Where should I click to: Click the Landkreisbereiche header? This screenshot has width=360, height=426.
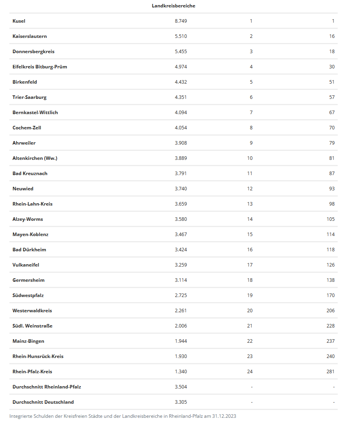(173, 6)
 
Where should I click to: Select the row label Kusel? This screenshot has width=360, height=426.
(19, 21)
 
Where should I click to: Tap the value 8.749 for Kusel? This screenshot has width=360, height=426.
(181, 21)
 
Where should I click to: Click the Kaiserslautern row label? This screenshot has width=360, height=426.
(30, 36)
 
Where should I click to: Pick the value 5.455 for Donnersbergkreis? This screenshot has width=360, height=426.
(181, 52)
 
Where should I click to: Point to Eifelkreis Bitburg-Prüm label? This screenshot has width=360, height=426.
(39, 67)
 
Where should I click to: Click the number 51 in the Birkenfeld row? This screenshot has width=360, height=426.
(331, 82)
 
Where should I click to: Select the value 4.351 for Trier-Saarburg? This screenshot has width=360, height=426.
(181, 97)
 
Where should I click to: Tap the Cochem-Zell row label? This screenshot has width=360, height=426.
(27, 128)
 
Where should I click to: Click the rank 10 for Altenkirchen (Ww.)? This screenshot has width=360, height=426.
(250, 158)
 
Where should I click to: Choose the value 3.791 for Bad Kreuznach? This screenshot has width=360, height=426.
(181, 174)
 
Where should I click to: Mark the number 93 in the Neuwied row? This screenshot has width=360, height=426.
(331, 189)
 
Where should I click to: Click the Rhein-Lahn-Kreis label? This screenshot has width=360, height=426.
(32, 204)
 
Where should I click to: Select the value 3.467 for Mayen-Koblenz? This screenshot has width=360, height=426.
(181, 234)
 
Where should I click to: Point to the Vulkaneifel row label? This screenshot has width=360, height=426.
(26, 265)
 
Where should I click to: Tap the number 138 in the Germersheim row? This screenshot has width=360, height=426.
(331, 280)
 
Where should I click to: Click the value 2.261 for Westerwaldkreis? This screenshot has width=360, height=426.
(181, 311)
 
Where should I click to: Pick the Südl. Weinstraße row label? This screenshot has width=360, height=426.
(32, 326)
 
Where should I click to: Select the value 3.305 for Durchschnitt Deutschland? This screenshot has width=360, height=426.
(181, 402)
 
